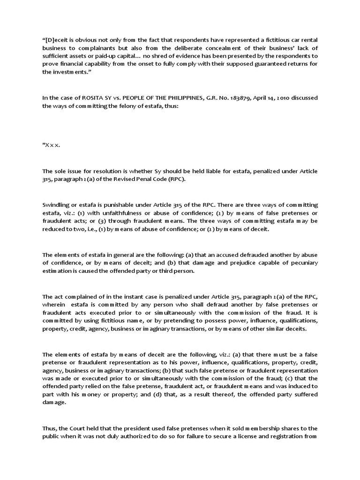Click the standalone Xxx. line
pyautogui.click(x=51, y=145)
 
